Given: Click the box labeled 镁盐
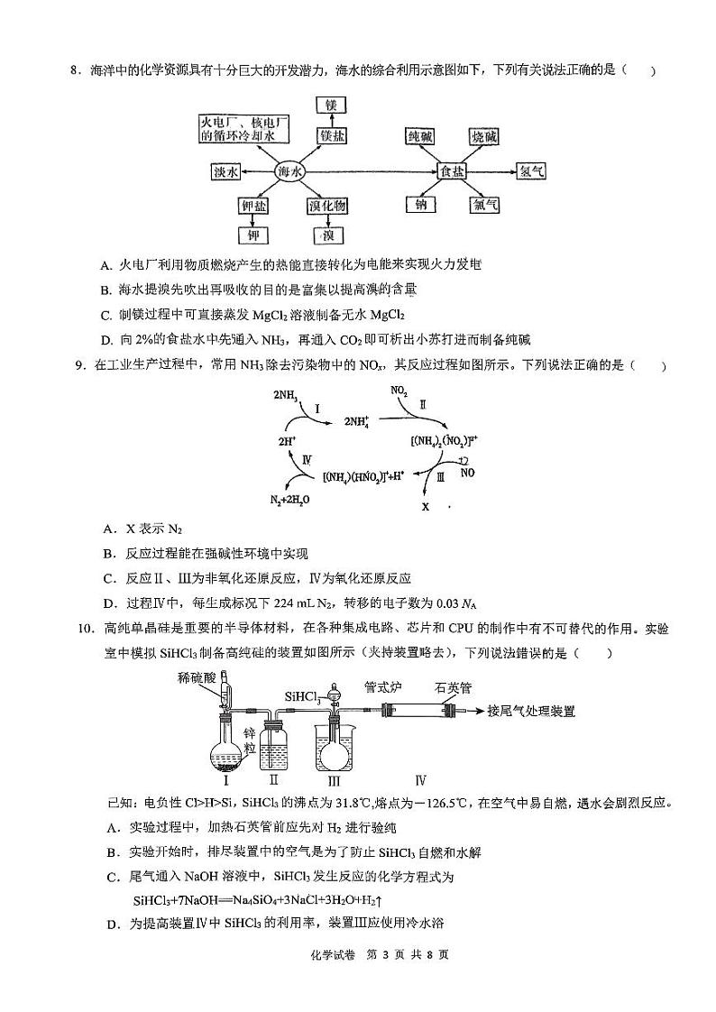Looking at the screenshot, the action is tap(330, 135).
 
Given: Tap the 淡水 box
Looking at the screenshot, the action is tap(225, 171).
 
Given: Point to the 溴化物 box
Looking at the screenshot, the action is tap(326, 207).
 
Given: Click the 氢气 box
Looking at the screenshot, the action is tap(529, 170).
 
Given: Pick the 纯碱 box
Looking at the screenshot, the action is tap(420, 136).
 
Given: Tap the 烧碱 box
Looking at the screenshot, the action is tap(485, 136).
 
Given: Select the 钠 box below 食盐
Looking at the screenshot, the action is tap(419, 207).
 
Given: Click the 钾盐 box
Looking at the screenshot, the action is tap(253, 207).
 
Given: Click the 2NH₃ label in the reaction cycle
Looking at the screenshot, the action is tap(286, 394).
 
